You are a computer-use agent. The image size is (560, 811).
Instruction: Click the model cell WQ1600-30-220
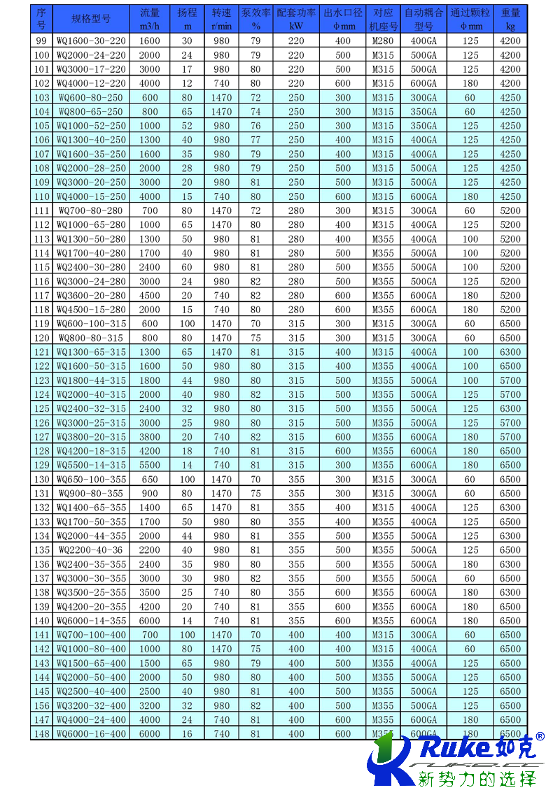click(x=91, y=41)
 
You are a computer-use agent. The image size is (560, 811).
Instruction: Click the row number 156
click(x=41, y=705)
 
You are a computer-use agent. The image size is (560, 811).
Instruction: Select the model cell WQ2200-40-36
click(x=91, y=550)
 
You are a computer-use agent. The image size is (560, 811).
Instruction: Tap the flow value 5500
click(x=150, y=465)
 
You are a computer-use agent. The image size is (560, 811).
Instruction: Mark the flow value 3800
click(x=150, y=437)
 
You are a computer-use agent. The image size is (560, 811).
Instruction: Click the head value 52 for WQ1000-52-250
click(x=187, y=126)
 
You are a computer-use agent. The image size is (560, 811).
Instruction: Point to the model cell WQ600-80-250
click(x=91, y=98)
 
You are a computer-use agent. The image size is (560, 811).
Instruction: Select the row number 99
click(x=41, y=41)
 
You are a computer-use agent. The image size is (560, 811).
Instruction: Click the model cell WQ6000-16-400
click(x=91, y=733)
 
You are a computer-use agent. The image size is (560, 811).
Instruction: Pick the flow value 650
click(x=150, y=479)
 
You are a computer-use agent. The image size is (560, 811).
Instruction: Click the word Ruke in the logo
click(x=453, y=747)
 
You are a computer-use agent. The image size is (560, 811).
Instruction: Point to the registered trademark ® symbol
click(x=540, y=736)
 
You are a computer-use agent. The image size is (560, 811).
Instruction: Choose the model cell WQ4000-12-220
click(x=91, y=83)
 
